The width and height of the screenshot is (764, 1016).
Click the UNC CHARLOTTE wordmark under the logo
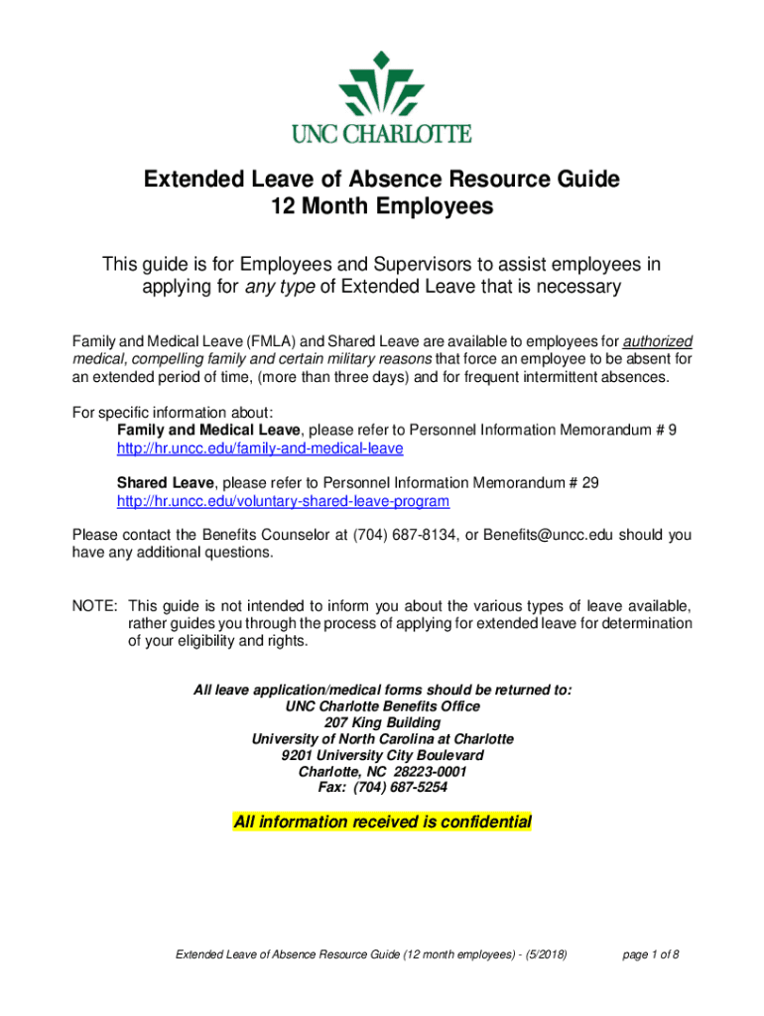(382, 133)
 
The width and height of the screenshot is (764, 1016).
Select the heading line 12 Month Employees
(382, 207)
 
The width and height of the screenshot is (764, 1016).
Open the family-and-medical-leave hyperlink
(260, 448)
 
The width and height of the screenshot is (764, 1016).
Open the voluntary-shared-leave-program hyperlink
(283, 502)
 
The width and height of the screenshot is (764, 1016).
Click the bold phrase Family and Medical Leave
(208, 430)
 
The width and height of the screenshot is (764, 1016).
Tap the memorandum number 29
(589, 483)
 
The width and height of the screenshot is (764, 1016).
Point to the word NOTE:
(95, 606)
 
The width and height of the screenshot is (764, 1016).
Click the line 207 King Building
(382, 722)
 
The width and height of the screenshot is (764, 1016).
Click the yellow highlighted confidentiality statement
(382, 823)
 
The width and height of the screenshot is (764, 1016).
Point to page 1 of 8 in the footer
(651, 954)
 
